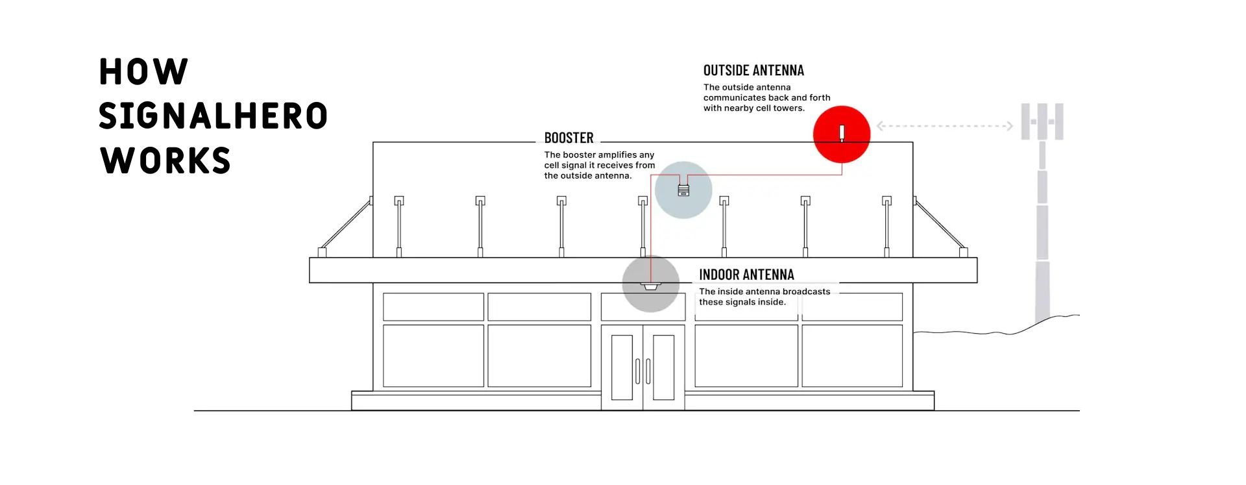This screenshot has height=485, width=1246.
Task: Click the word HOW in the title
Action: [x=143, y=71]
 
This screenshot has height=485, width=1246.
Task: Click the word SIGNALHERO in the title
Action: [x=213, y=116]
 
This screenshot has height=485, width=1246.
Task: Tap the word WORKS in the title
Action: [x=165, y=160]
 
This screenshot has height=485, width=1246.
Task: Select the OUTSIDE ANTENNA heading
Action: [x=753, y=70]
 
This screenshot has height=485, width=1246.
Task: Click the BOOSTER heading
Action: [x=568, y=138]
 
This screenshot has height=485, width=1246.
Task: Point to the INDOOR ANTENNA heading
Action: [x=746, y=275]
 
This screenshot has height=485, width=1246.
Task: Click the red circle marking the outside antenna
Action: [x=842, y=134]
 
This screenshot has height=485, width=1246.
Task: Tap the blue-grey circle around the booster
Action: [x=683, y=190]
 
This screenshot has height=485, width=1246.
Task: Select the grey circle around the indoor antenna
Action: [x=651, y=284]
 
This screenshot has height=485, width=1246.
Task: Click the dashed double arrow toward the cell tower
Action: [x=945, y=126]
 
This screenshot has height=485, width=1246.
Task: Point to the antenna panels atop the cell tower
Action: [x=1042, y=121]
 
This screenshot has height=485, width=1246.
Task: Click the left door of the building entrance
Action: [x=622, y=367]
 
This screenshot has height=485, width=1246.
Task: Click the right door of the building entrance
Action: [x=664, y=367]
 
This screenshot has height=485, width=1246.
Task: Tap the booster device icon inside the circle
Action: [x=683, y=190]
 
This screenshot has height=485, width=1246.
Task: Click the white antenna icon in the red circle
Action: [x=842, y=134]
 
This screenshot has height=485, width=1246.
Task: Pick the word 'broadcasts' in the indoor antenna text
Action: [x=807, y=292]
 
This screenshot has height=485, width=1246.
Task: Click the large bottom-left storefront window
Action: [x=434, y=356]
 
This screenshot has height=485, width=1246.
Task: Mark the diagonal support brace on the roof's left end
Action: [x=346, y=225]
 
